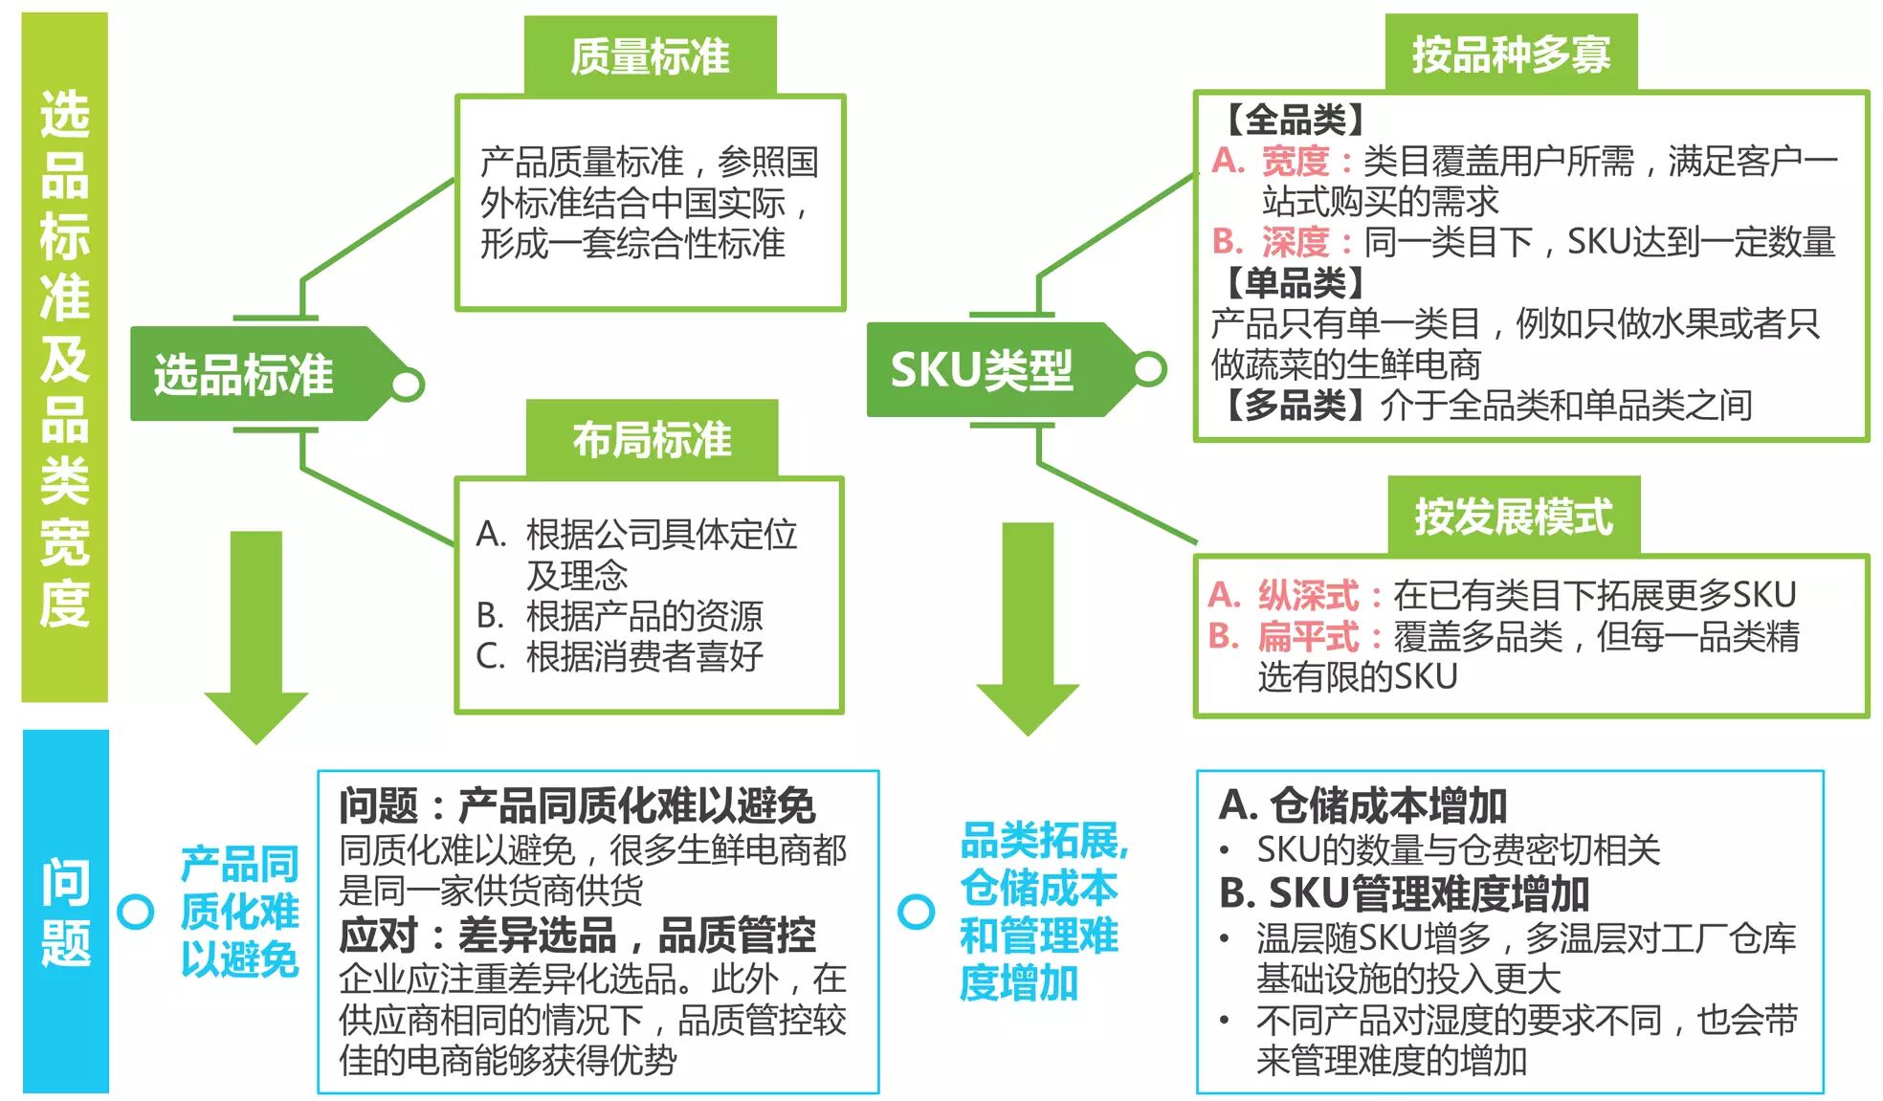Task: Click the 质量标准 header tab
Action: (x=650, y=55)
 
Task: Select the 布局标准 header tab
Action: (x=652, y=439)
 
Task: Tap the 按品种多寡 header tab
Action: (x=1511, y=54)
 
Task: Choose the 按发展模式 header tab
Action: (x=1514, y=516)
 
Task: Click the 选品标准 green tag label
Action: (x=245, y=374)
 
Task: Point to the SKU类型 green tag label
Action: (x=982, y=370)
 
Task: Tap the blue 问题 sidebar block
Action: (x=65, y=911)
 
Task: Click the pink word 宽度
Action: (x=1295, y=161)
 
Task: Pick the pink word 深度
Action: (x=1295, y=242)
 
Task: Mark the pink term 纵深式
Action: (x=1308, y=595)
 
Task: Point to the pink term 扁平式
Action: (x=1308, y=636)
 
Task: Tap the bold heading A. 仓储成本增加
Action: (x=1363, y=805)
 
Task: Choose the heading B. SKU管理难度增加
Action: (x=1404, y=893)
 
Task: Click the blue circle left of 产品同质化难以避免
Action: (x=135, y=911)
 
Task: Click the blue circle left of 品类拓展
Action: (x=916, y=911)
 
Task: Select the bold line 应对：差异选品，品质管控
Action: (x=577, y=936)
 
